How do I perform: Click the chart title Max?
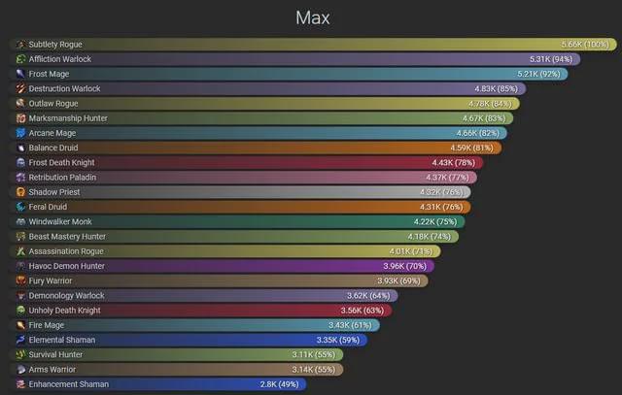(x=311, y=17)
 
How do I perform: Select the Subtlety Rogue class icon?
(x=20, y=45)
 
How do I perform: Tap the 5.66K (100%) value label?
(x=585, y=45)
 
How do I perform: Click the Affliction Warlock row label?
(x=59, y=59)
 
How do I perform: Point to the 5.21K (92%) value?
(x=539, y=74)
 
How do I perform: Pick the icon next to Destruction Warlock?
(x=20, y=88)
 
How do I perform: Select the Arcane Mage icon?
(x=20, y=133)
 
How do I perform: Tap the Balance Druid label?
(x=52, y=148)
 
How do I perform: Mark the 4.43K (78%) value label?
(x=454, y=162)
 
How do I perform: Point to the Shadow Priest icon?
(x=20, y=192)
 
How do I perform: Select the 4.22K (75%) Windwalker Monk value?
(x=435, y=221)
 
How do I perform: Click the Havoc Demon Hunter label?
(x=66, y=266)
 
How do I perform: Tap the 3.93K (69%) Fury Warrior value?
(x=398, y=280)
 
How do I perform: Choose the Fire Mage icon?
(x=20, y=325)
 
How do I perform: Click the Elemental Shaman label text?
(x=61, y=340)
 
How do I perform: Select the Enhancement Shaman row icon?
(x=20, y=384)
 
